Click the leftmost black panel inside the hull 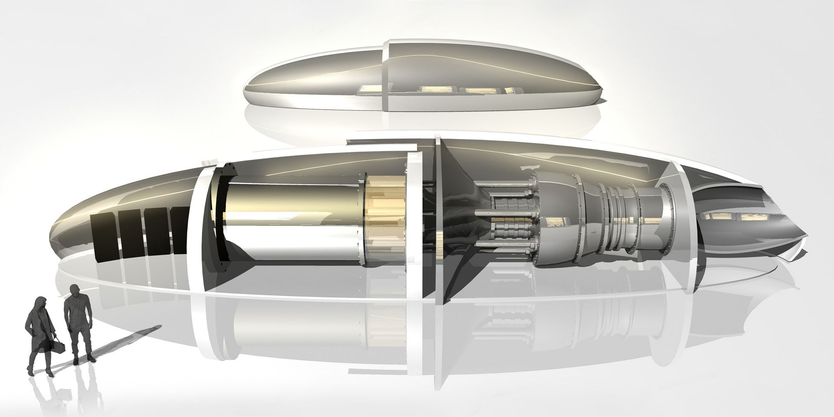coord(104,238)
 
